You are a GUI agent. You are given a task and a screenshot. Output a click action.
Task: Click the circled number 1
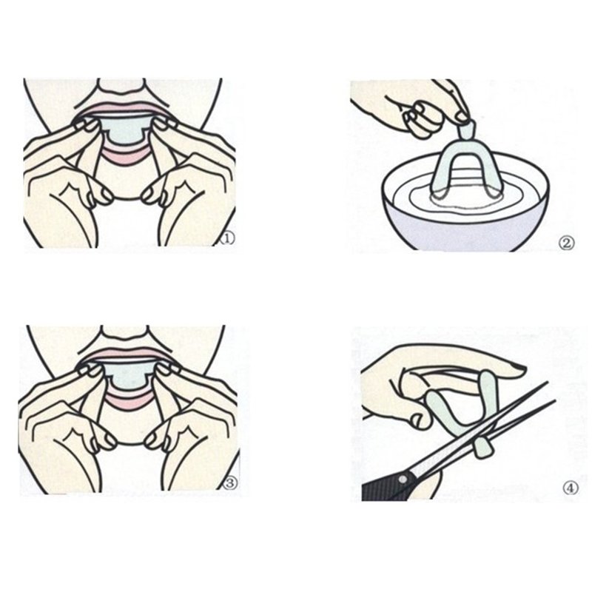click(x=227, y=238)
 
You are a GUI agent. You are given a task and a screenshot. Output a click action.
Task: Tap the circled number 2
click(x=566, y=243)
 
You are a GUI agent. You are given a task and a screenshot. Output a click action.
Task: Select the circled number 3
click(x=230, y=483)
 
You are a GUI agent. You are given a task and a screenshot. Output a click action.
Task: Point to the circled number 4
click(x=571, y=488)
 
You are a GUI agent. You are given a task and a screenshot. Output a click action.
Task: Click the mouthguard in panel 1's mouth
click(x=124, y=129)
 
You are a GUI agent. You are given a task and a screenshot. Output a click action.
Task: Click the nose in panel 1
click(x=121, y=87)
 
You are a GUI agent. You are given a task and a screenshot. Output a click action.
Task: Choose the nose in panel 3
click(x=124, y=333)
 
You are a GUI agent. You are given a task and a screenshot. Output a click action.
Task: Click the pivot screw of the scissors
click(x=403, y=479)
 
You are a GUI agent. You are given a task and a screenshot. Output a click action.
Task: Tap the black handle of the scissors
click(x=385, y=486)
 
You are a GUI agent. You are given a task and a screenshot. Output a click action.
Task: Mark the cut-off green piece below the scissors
click(x=482, y=448)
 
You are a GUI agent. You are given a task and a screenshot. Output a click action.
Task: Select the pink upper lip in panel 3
click(x=124, y=354)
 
